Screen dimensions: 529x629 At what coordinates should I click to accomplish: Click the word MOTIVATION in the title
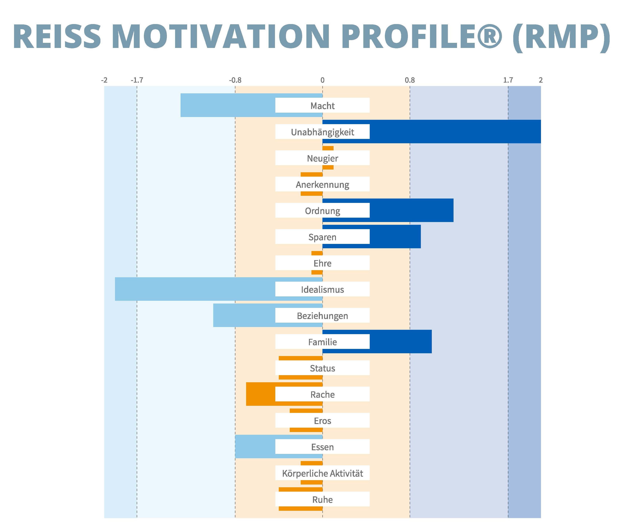pyautogui.click(x=222, y=37)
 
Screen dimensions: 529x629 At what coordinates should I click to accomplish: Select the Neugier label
pyautogui.click(x=322, y=158)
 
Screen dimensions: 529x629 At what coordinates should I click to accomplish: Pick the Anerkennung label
pyautogui.click(x=322, y=184)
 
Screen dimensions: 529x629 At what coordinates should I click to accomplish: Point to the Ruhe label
pyautogui.click(x=322, y=500)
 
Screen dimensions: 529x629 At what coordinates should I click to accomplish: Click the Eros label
pyautogui.click(x=322, y=421)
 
